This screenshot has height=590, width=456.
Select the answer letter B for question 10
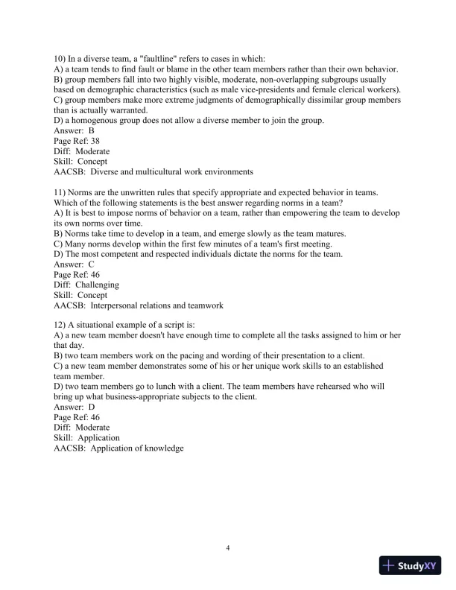(x=92, y=130)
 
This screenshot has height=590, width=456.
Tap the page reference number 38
(x=96, y=140)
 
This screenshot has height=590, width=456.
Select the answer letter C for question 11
(x=92, y=264)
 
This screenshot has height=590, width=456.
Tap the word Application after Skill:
(x=101, y=438)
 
